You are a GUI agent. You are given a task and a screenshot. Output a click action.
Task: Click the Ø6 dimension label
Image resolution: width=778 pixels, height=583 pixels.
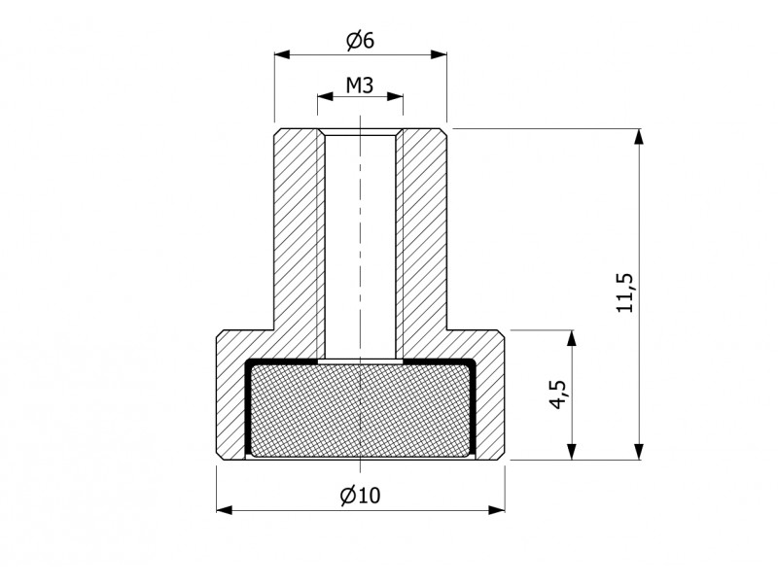click(x=360, y=41)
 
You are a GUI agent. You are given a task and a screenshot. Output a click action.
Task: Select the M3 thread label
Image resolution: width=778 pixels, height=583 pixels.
click(x=360, y=86)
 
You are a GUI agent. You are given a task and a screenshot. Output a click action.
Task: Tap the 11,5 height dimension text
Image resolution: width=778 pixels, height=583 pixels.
click(x=625, y=292)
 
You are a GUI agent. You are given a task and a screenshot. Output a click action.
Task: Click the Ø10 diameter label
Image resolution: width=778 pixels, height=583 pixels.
click(x=360, y=495)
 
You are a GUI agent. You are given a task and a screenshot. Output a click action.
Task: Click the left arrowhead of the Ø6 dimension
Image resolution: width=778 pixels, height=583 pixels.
click(x=282, y=54)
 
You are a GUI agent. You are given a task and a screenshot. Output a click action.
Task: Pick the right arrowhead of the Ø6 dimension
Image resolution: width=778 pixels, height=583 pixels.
click(x=439, y=54)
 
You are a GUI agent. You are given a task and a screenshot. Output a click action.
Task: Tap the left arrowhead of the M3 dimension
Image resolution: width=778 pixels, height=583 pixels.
click(x=326, y=96)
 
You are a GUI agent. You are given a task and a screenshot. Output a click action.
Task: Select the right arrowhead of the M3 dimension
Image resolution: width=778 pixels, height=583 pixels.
click(x=395, y=96)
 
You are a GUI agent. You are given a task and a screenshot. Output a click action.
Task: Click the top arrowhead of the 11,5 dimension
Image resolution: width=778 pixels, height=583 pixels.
click(x=639, y=137)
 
